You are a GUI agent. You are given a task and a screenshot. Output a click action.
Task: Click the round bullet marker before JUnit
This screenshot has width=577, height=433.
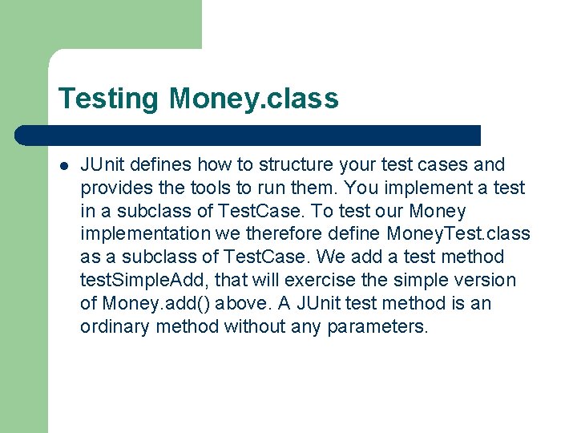[x=63, y=166]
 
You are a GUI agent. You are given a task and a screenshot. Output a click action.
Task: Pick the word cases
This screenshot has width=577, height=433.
[x=440, y=165]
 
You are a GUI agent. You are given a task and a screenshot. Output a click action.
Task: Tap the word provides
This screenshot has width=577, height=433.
[x=115, y=188]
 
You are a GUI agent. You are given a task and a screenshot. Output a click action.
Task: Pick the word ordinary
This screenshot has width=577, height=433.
[x=115, y=327]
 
